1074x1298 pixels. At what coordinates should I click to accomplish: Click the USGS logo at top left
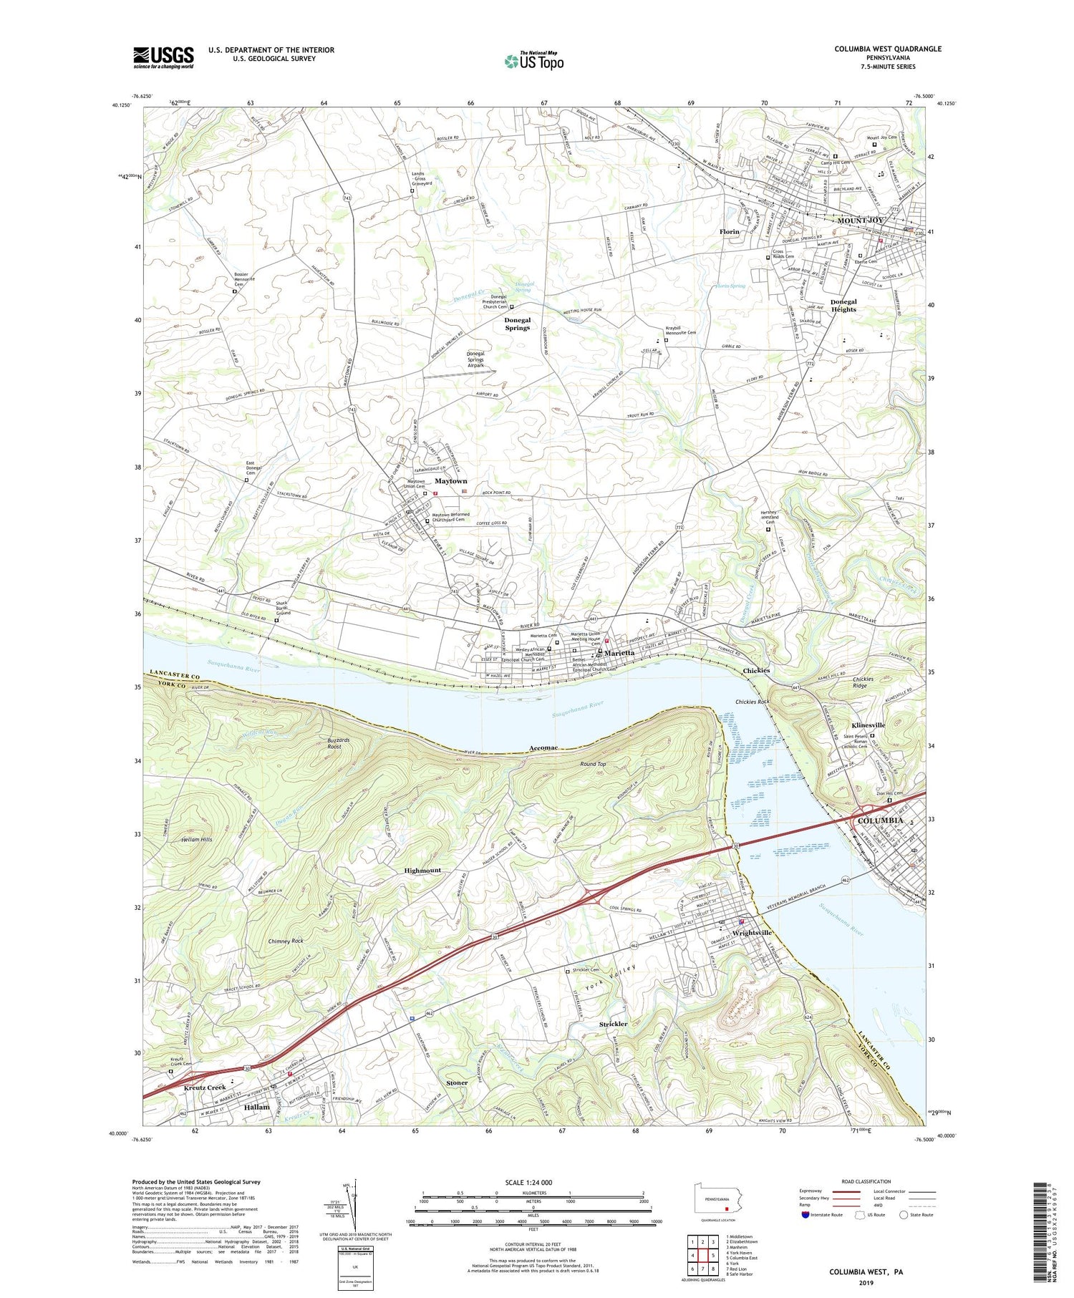point(163,57)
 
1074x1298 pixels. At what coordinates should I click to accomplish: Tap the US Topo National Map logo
point(533,61)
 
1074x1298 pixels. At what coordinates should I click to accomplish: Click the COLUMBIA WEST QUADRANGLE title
point(887,49)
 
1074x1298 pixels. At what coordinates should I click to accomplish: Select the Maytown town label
point(450,481)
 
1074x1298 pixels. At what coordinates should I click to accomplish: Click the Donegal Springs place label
point(517,324)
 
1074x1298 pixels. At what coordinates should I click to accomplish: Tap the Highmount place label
point(422,871)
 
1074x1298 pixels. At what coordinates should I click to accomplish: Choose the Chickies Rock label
point(752,702)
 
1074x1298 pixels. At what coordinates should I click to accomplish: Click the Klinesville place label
point(868,725)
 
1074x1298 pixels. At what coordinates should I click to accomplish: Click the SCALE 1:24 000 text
point(533,1182)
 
